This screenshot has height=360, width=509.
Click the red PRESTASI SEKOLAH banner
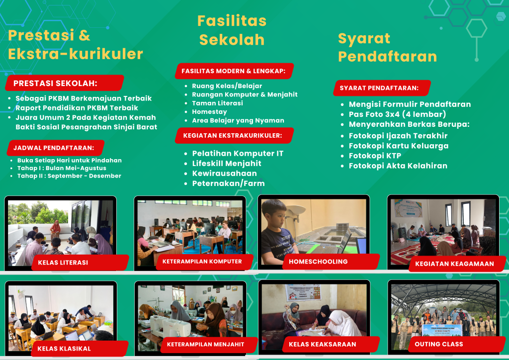click(x=65, y=83)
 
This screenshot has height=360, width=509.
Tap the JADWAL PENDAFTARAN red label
click(x=56, y=148)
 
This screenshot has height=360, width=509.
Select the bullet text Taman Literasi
click(x=217, y=103)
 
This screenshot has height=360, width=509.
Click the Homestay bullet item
click(x=209, y=112)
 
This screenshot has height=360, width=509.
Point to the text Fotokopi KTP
click(x=375, y=156)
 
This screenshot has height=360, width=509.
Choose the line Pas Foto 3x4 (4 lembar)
click(x=397, y=114)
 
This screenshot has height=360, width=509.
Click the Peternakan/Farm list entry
click(x=228, y=183)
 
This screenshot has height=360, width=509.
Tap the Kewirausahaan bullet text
click(x=224, y=174)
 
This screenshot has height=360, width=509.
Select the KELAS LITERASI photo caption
click(x=80, y=263)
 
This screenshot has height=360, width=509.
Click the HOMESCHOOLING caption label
click(x=331, y=262)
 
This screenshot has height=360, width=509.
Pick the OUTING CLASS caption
click(x=456, y=344)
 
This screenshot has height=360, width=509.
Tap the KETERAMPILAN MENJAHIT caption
click(x=209, y=345)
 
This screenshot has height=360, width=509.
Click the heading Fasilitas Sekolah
click(x=232, y=30)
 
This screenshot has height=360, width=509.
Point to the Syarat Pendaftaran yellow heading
click(x=387, y=47)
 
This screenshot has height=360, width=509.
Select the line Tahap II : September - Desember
click(x=69, y=176)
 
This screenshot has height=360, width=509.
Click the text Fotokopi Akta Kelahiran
click(x=398, y=166)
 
